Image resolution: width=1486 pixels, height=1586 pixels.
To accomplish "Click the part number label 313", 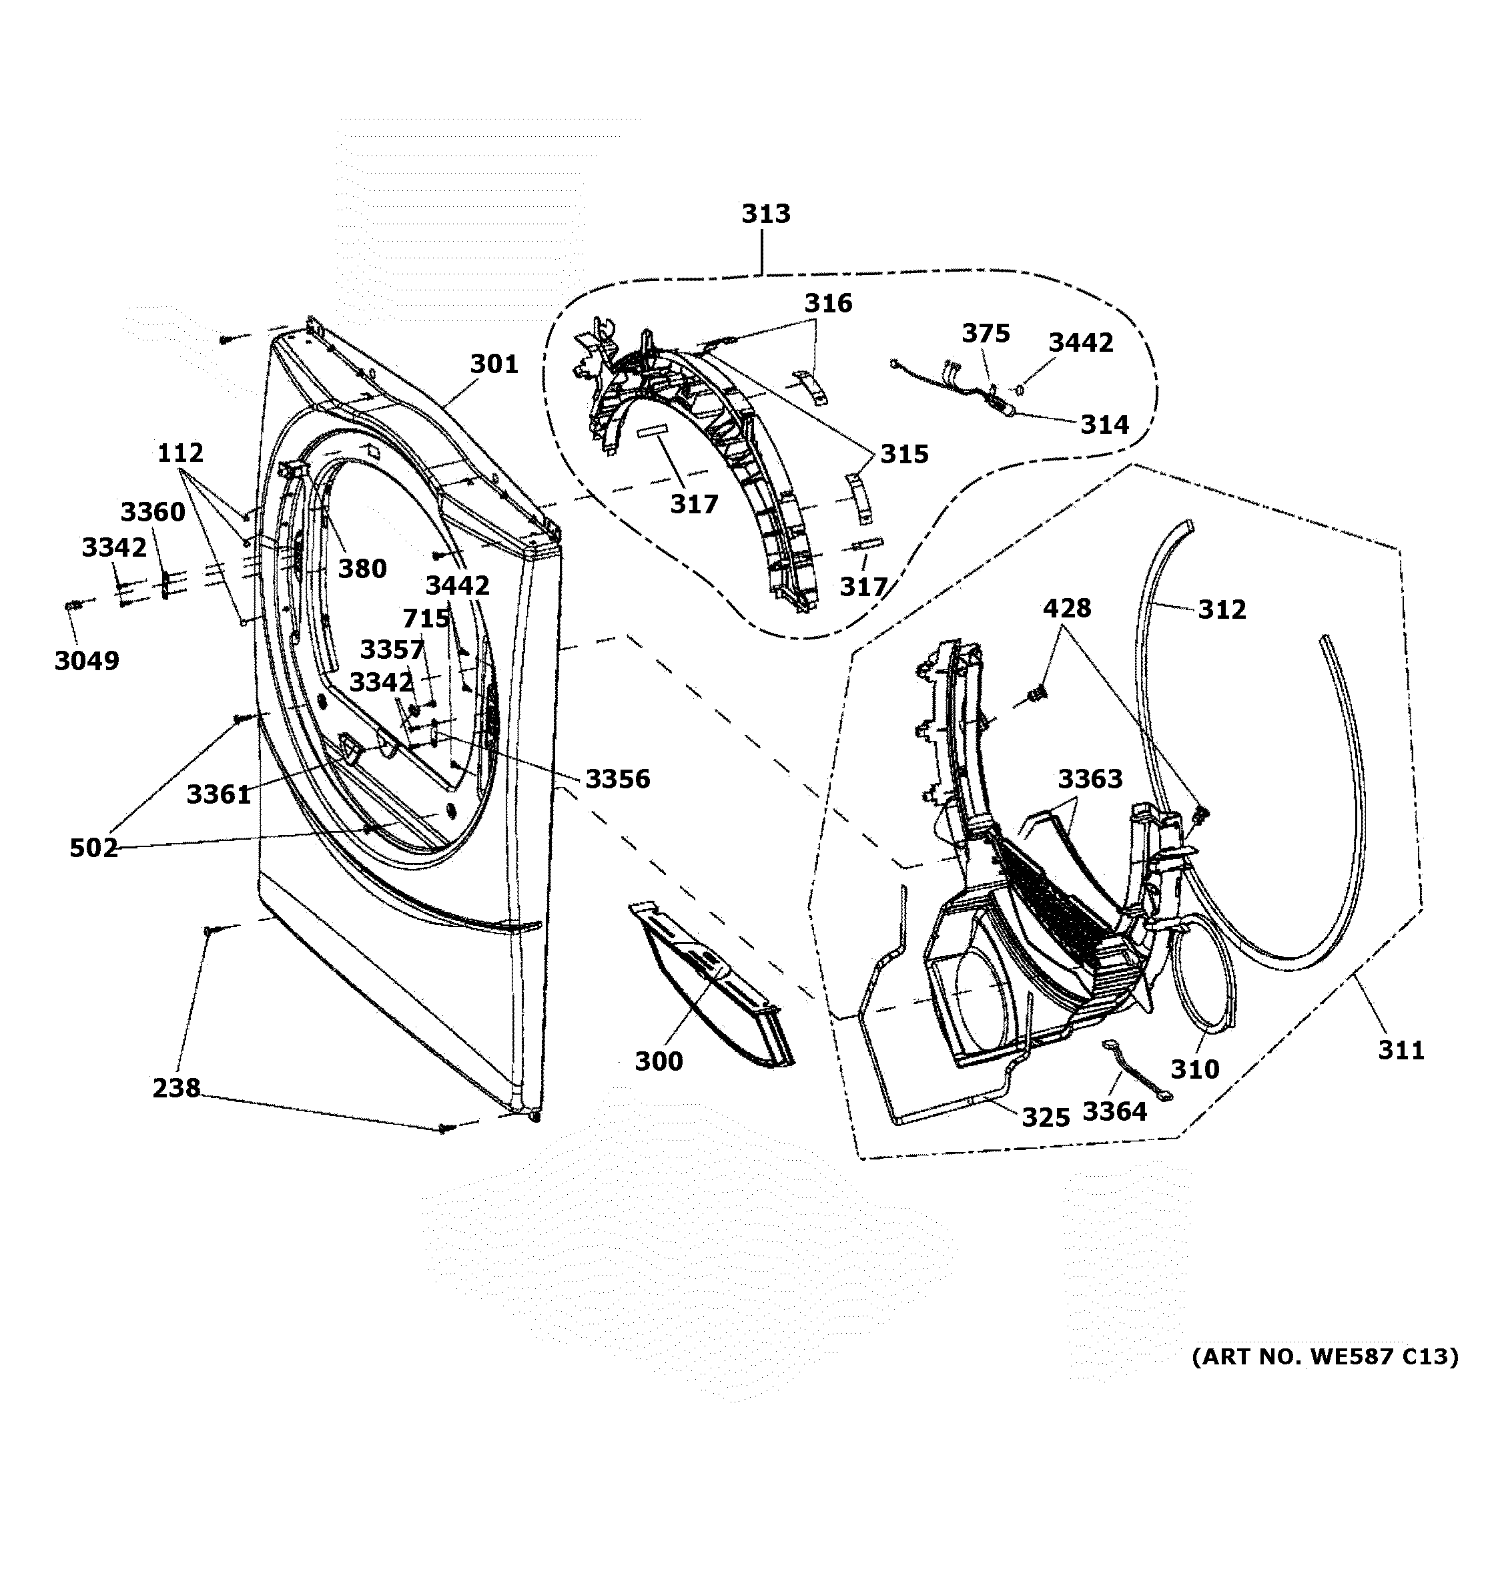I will pyautogui.click(x=766, y=214).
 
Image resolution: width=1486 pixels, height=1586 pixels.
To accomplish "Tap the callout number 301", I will pyautogui.click(x=494, y=364).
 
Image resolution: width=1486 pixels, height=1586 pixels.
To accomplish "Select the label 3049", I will pyautogui.click(x=87, y=661).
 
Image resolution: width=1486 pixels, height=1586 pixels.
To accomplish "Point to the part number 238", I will pyautogui.click(x=176, y=1087).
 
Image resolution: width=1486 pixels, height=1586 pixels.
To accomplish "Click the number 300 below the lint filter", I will pyautogui.click(x=659, y=1061).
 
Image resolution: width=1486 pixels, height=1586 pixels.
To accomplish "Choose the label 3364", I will pyautogui.click(x=1114, y=1111).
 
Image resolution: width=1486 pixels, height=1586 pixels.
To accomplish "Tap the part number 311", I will pyautogui.click(x=1401, y=1050).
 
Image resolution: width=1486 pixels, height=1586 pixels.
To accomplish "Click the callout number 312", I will pyautogui.click(x=1221, y=609).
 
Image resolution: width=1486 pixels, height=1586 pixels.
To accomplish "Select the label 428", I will pyautogui.click(x=1066, y=609).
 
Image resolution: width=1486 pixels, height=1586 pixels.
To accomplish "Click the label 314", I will pyautogui.click(x=1105, y=425).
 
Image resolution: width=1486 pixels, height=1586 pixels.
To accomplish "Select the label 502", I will pyautogui.click(x=93, y=848).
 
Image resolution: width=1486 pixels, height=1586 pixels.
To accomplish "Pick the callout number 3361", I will pyautogui.click(x=219, y=794).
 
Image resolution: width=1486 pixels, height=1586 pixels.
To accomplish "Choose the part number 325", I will pyautogui.click(x=1046, y=1117).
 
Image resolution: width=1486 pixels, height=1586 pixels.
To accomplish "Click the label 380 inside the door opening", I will pyautogui.click(x=362, y=569).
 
